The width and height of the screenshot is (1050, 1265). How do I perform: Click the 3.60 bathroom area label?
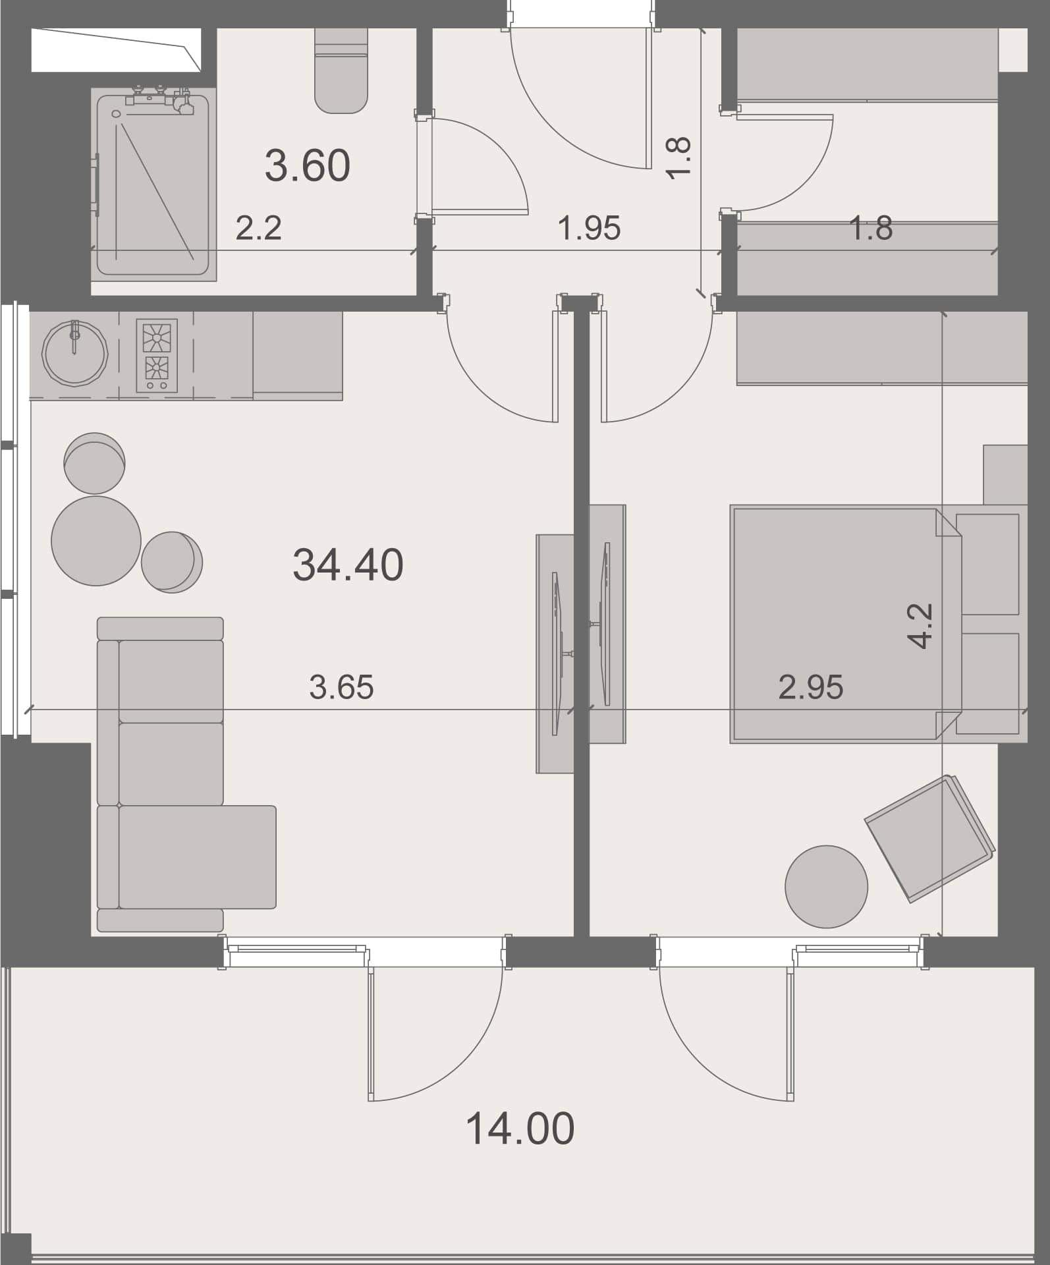click(308, 165)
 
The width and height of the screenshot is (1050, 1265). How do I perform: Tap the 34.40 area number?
click(348, 565)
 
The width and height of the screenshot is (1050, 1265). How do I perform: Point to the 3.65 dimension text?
click(341, 687)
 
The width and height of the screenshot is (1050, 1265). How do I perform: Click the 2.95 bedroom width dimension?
click(810, 687)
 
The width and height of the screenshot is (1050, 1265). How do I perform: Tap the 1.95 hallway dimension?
click(589, 228)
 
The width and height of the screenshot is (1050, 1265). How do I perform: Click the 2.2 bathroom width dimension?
click(258, 228)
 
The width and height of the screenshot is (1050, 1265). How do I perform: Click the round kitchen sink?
click(74, 352)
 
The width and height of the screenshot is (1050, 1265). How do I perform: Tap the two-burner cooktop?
click(157, 356)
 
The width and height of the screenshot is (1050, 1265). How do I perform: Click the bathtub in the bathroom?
click(153, 185)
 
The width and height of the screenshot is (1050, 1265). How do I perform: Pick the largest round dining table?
click(96, 540)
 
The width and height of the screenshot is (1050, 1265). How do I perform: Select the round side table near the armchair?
click(826, 887)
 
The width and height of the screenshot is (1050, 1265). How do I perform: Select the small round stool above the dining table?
click(94, 463)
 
